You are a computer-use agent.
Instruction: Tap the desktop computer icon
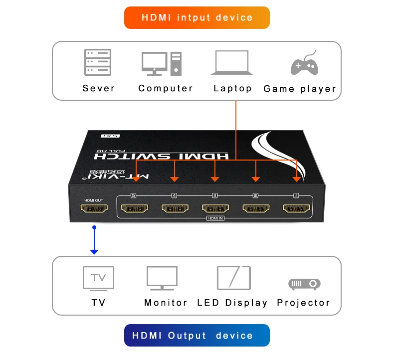(x=161, y=63)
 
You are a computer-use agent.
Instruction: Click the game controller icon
(x=304, y=63)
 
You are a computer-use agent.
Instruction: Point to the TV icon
(x=98, y=278)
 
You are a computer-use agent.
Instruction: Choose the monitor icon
(x=162, y=278)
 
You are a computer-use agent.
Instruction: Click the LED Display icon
(x=233, y=278)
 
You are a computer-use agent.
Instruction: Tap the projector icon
(x=304, y=284)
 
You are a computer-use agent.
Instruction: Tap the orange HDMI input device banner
(x=197, y=18)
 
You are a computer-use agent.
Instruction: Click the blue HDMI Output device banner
(x=197, y=336)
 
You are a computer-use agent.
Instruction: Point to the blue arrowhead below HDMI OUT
(x=94, y=251)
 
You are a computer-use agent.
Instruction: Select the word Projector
(x=303, y=303)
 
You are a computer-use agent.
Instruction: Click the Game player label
(x=300, y=89)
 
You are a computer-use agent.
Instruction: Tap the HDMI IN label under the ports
(x=214, y=218)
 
